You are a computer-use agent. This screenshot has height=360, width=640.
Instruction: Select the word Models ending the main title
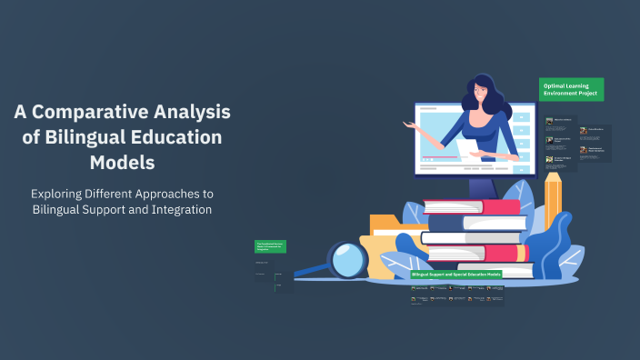point(122,164)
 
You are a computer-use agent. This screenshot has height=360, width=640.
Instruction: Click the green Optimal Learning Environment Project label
point(572,89)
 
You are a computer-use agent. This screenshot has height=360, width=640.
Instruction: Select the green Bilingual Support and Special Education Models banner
point(456,274)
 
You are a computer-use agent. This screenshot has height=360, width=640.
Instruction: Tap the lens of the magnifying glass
point(349,262)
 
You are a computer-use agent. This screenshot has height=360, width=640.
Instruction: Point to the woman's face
point(480,94)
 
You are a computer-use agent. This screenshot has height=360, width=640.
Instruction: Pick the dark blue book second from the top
point(473,221)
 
